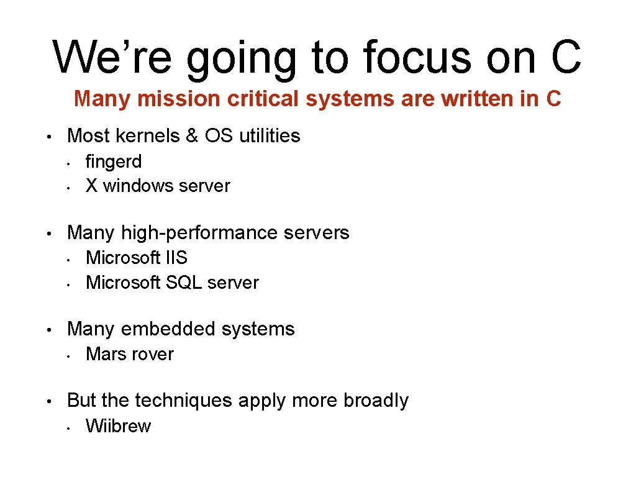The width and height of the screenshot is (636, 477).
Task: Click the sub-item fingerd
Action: point(114,161)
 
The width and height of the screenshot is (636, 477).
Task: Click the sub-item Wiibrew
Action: point(118,426)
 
